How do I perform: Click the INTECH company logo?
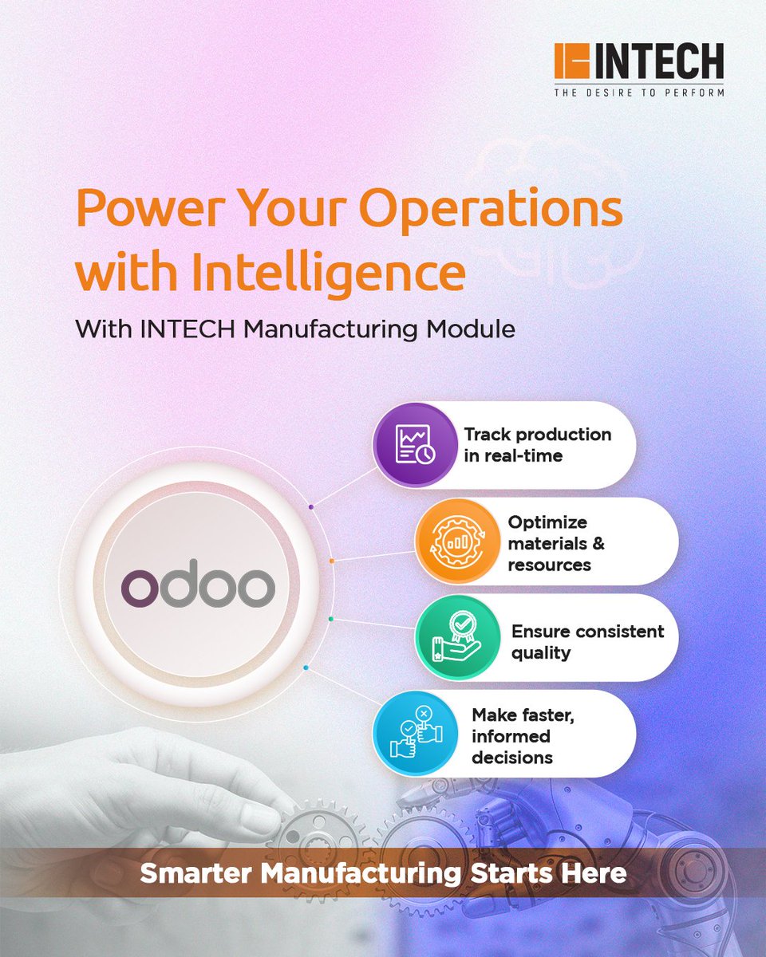pos(638,62)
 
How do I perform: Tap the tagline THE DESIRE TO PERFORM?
pos(639,92)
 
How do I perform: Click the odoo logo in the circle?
pos(198,588)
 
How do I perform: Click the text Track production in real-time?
pos(538,444)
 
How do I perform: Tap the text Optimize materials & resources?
pos(555,543)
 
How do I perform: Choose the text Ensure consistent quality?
pos(587,641)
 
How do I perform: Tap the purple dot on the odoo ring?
pos(310,506)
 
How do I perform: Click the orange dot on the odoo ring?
pos(331,561)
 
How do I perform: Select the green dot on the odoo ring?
pos(331,618)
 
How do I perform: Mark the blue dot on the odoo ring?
pos(306,668)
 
